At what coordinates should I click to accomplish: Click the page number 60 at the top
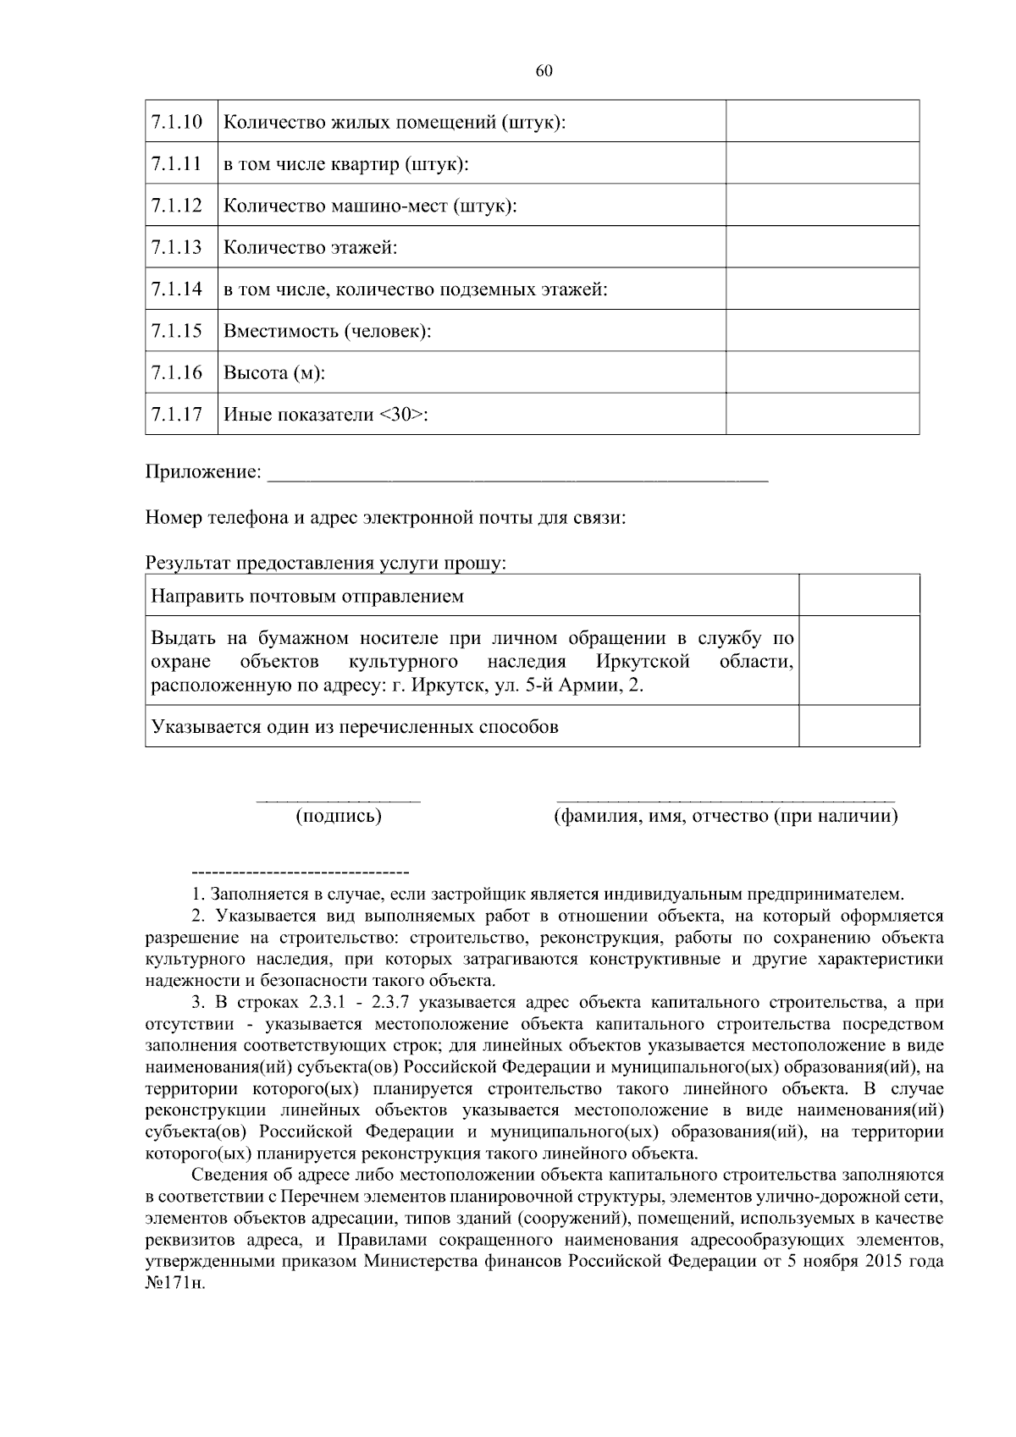pyautogui.click(x=544, y=71)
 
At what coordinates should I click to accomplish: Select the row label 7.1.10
pyautogui.click(x=177, y=122)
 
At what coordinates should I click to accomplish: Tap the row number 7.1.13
pyautogui.click(x=177, y=247)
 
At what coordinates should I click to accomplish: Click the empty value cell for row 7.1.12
pyautogui.click(x=822, y=205)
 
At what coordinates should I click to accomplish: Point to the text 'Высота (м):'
pyautogui.click(x=274, y=373)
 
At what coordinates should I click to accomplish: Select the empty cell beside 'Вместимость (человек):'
pyautogui.click(x=822, y=330)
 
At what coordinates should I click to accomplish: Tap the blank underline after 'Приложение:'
pyautogui.click(x=517, y=474)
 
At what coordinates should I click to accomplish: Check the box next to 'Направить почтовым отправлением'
pyautogui.click(x=859, y=595)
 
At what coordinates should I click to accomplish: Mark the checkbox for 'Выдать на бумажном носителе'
pyautogui.click(x=859, y=660)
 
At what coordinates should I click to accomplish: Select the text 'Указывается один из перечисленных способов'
pyautogui.click(x=354, y=727)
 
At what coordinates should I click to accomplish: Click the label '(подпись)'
pyautogui.click(x=338, y=817)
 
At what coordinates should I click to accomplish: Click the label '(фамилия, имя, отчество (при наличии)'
pyautogui.click(x=725, y=817)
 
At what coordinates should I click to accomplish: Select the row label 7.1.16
pyautogui.click(x=177, y=372)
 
